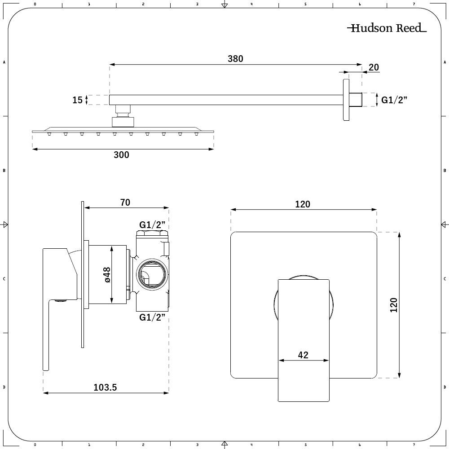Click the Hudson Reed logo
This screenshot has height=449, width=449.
click(x=387, y=28)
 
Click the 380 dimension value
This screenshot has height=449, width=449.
click(x=235, y=59)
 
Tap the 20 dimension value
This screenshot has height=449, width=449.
click(x=374, y=68)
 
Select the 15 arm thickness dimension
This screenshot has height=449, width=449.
click(x=78, y=100)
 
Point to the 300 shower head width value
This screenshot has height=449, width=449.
click(x=121, y=155)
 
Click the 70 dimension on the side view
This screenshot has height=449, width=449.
click(x=125, y=203)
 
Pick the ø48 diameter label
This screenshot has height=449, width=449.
click(x=107, y=275)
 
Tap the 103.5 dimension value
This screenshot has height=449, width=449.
click(x=106, y=387)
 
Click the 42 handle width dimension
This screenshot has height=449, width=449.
click(x=303, y=355)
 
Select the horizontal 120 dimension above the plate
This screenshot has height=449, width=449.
click(x=303, y=204)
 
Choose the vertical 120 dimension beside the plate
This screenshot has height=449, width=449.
click(x=394, y=305)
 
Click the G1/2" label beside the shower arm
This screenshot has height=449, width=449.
click(x=394, y=100)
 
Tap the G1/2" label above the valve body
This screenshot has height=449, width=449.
click(x=153, y=224)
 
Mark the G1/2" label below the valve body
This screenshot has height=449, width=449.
click(x=153, y=317)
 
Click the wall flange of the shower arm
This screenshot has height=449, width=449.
click(x=346, y=100)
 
